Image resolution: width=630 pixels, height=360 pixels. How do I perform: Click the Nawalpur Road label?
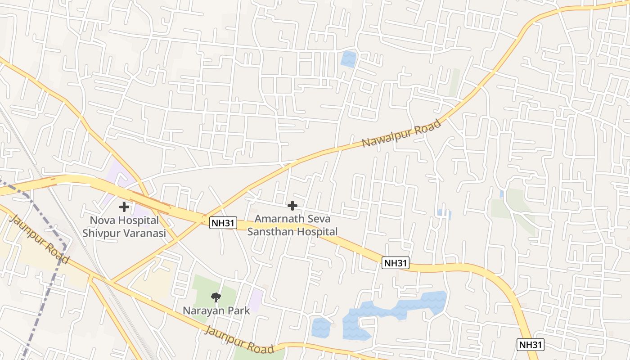coord(401,134)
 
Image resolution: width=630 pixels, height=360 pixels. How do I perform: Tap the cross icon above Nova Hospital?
coord(124,207)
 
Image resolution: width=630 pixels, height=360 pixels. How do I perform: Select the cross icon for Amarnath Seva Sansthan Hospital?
coord(292,206)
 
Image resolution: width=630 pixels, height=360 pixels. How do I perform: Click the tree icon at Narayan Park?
coord(216,297)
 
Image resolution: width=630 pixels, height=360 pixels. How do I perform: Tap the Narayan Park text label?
coord(216,310)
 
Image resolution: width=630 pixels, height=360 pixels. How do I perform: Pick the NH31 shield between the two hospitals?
coord(223,222)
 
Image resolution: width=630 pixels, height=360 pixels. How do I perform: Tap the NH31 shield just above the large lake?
coord(396,263)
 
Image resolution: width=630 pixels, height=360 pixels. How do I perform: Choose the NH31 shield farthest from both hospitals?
coord(531,345)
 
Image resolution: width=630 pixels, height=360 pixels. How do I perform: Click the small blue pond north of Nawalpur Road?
coord(348,58)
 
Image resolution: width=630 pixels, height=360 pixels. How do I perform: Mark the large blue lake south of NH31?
coord(396,310)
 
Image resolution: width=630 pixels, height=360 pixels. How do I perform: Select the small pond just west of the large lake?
coord(320,327)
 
